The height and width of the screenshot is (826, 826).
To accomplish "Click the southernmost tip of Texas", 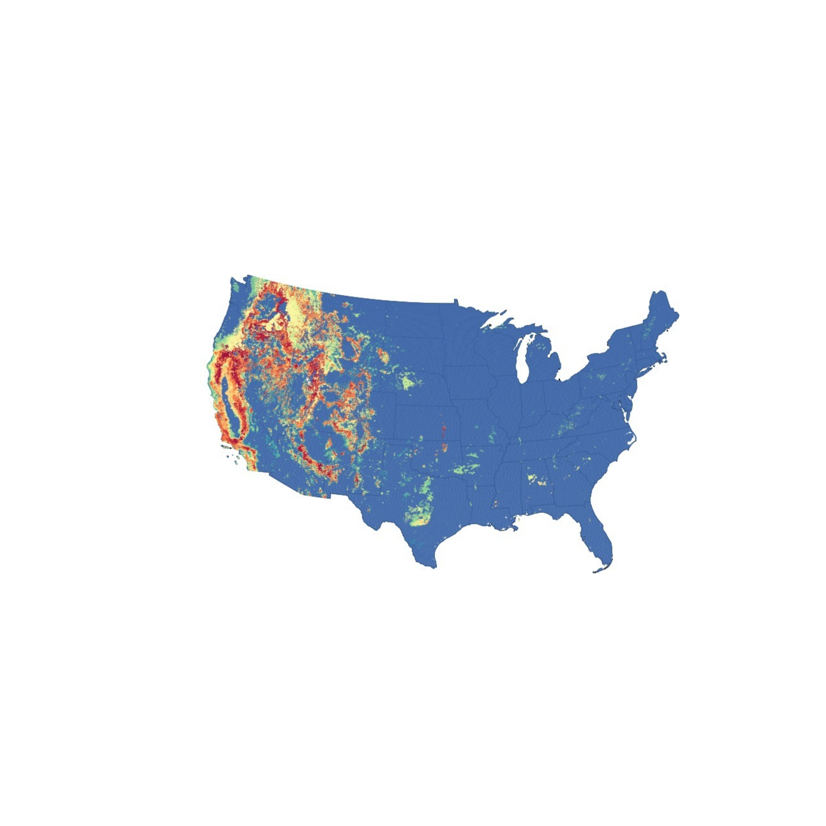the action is pos(434,567).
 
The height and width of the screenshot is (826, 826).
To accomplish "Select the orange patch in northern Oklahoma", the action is pos(445,447).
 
